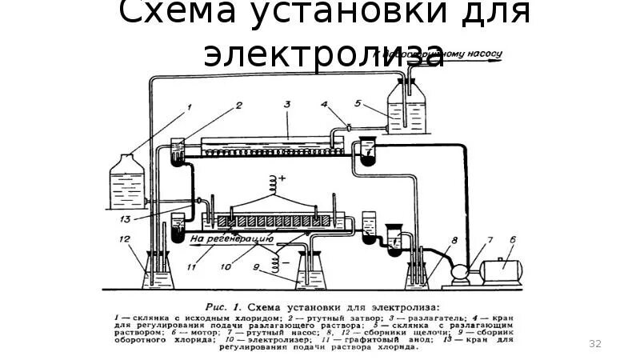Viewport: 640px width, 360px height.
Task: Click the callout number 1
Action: (x=190, y=105)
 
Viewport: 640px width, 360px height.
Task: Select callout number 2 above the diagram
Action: (x=238, y=104)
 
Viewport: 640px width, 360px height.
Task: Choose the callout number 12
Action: (x=124, y=239)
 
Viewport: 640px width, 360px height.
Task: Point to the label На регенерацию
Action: (x=232, y=238)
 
